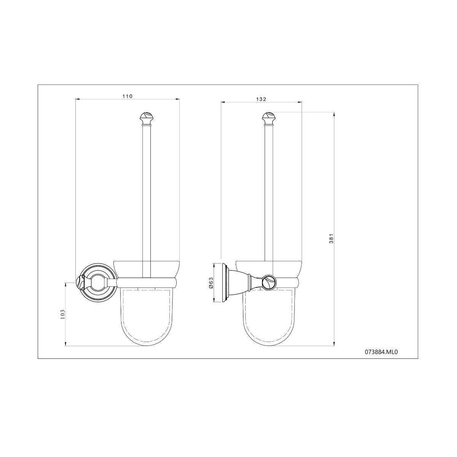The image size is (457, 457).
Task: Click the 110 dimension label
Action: click(x=127, y=96)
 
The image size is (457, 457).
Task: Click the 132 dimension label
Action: click(x=261, y=99)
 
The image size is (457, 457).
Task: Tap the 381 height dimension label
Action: click(x=331, y=238)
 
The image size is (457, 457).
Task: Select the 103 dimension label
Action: click(x=62, y=314)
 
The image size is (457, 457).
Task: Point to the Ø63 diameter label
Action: click(x=211, y=283)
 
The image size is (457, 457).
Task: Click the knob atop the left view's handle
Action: click(x=146, y=119)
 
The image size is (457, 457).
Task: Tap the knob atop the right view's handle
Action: click(x=268, y=119)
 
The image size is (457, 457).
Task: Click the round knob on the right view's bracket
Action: click(x=269, y=283)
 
